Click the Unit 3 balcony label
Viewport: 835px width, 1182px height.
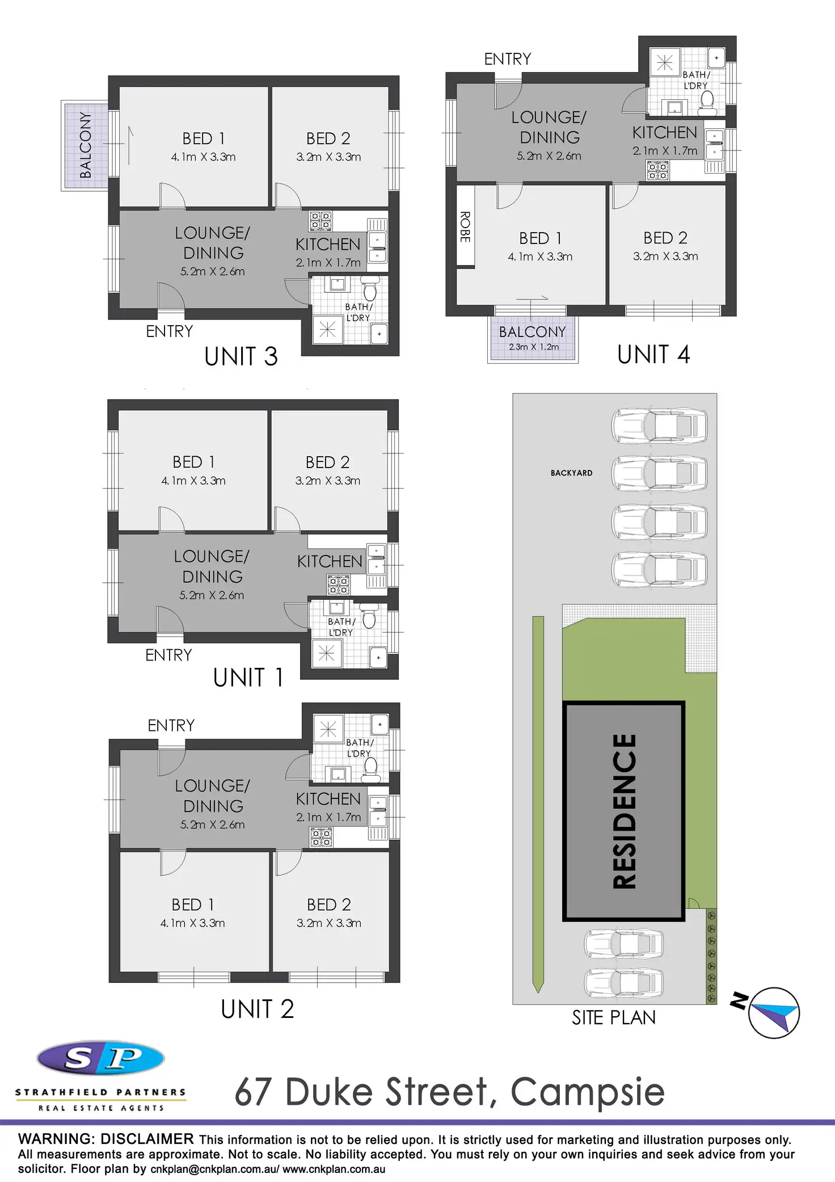[x=85, y=145]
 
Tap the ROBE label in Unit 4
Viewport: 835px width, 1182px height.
[x=465, y=227]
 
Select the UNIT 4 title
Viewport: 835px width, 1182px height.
[x=653, y=355]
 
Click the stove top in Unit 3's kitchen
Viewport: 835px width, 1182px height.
[x=320, y=221]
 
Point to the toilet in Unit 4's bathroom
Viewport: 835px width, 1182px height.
[x=707, y=99]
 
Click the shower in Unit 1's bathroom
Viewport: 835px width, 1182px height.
[x=327, y=654]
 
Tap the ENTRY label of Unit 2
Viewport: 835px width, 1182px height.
[x=171, y=726]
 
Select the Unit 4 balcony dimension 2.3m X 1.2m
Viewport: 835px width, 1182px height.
[x=533, y=347]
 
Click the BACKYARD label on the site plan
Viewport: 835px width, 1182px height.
[x=571, y=473]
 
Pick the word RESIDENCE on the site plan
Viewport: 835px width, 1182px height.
[x=625, y=811]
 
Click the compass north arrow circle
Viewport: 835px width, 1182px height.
[x=774, y=1013]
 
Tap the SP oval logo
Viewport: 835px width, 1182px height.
[x=100, y=1058]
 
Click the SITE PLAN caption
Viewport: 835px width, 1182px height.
[x=613, y=1018]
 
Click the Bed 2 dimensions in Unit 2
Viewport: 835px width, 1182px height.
[x=329, y=923]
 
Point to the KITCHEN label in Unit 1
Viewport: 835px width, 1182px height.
[x=330, y=561]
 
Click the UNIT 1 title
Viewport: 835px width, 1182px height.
[x=248, y=678]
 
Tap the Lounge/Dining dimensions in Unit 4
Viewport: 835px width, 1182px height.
[x=549, y=156]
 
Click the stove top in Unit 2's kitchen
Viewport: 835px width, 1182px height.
[x=321, y=837]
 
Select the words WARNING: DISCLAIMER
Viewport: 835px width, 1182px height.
[x=106, y=1139]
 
